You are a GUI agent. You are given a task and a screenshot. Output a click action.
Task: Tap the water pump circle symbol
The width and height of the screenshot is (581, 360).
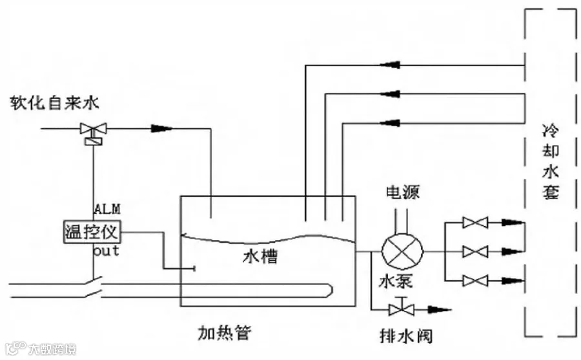pyautogui.click(x=402, y=252)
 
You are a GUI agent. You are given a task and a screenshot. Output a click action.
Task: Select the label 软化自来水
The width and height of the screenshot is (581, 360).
pyautogui.click(x=54, y=103)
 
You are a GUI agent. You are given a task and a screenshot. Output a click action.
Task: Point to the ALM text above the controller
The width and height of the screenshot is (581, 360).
pyautogui.click(x=107, y=209)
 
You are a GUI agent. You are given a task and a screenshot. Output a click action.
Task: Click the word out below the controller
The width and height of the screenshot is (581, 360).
pyautogui.click(x=107, y=251)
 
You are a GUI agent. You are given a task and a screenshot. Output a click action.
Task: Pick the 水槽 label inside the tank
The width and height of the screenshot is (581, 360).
pyautogui.click(x=261, y=256)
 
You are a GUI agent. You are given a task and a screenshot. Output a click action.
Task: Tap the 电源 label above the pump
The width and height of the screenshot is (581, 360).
pyautogui.click(x=403, y=192)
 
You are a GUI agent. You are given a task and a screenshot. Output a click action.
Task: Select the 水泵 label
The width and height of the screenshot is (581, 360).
pyautogui.click(x=395, y=281)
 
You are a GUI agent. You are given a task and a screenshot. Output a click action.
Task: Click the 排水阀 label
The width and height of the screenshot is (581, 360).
pyautogui.click(x=406, y=336)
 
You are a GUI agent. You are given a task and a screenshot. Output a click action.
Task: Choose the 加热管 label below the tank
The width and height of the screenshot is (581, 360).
pyautogui.click(x=225, y=332)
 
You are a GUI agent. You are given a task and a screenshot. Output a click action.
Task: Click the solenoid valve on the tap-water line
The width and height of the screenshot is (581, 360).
pyautogui.click(x=94, y=133)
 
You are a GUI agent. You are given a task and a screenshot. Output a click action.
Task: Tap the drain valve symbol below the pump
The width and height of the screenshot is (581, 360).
pyautogui.click(x=402, y=307)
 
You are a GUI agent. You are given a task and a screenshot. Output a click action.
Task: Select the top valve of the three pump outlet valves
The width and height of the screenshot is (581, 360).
pyautogui.click(x=475, y=223)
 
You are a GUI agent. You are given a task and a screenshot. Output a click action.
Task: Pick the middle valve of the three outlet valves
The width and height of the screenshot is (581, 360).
pyautogui.click(x=475, y=252)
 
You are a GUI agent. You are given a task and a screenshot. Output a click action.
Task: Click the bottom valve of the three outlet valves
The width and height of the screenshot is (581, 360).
pyautogui.click(x=475, y=281)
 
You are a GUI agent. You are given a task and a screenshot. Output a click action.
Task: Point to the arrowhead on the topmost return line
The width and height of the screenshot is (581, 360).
pyautogui.click(x=390, y=65)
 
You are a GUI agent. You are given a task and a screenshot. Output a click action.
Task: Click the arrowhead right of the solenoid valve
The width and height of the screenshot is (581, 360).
pyautogui.click(x=161, y=128)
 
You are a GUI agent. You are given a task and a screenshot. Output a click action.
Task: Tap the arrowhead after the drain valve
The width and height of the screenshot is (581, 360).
pyautogui.click(x=440, y=309)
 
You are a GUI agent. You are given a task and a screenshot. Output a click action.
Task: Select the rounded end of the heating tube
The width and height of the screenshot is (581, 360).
pyautogui.click(x=329, y=290)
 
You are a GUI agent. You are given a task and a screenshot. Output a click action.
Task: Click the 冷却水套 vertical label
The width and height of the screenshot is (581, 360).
pyautogui.click(x=551, y=162)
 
